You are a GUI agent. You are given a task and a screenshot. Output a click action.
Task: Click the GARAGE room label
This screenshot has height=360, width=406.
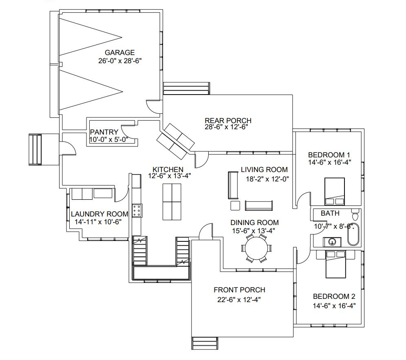(119, 53)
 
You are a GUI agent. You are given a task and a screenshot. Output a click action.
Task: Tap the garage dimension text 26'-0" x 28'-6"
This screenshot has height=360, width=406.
(120, 61)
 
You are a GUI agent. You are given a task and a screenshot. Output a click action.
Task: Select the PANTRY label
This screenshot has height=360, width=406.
(104, 132)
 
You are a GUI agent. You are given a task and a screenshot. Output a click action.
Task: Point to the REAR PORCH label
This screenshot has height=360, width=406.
(228, 120)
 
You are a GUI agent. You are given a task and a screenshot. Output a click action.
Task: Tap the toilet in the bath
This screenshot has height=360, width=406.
(355, 214)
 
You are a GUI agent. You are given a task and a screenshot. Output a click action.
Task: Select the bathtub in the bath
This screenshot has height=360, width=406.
(353, 234)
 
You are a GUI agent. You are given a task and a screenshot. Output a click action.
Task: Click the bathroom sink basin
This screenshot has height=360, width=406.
(332, 242)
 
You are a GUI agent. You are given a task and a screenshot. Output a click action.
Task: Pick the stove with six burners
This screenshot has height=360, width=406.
(137, 210)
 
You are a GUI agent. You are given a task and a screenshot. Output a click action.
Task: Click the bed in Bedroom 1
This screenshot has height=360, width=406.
(335, 192)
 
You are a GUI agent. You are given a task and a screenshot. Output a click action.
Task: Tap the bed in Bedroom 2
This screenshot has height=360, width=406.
(335, 265)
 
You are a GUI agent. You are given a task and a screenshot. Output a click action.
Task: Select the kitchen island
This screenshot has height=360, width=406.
(172, 202)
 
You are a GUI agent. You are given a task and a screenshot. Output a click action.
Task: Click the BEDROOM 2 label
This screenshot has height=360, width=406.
(334, 296)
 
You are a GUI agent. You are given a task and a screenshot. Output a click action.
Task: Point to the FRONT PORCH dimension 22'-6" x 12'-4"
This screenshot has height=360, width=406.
(239, 300)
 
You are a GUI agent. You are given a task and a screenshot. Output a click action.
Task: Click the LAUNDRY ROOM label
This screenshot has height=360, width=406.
(100, 214)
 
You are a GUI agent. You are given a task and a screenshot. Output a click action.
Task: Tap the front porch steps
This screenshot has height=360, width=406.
(204, 343)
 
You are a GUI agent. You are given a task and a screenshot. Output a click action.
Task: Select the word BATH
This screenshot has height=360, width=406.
(330, 213)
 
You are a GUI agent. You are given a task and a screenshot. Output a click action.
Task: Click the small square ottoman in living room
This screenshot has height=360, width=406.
(235, 205)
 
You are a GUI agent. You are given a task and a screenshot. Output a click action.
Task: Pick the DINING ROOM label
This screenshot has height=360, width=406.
(254, 223)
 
